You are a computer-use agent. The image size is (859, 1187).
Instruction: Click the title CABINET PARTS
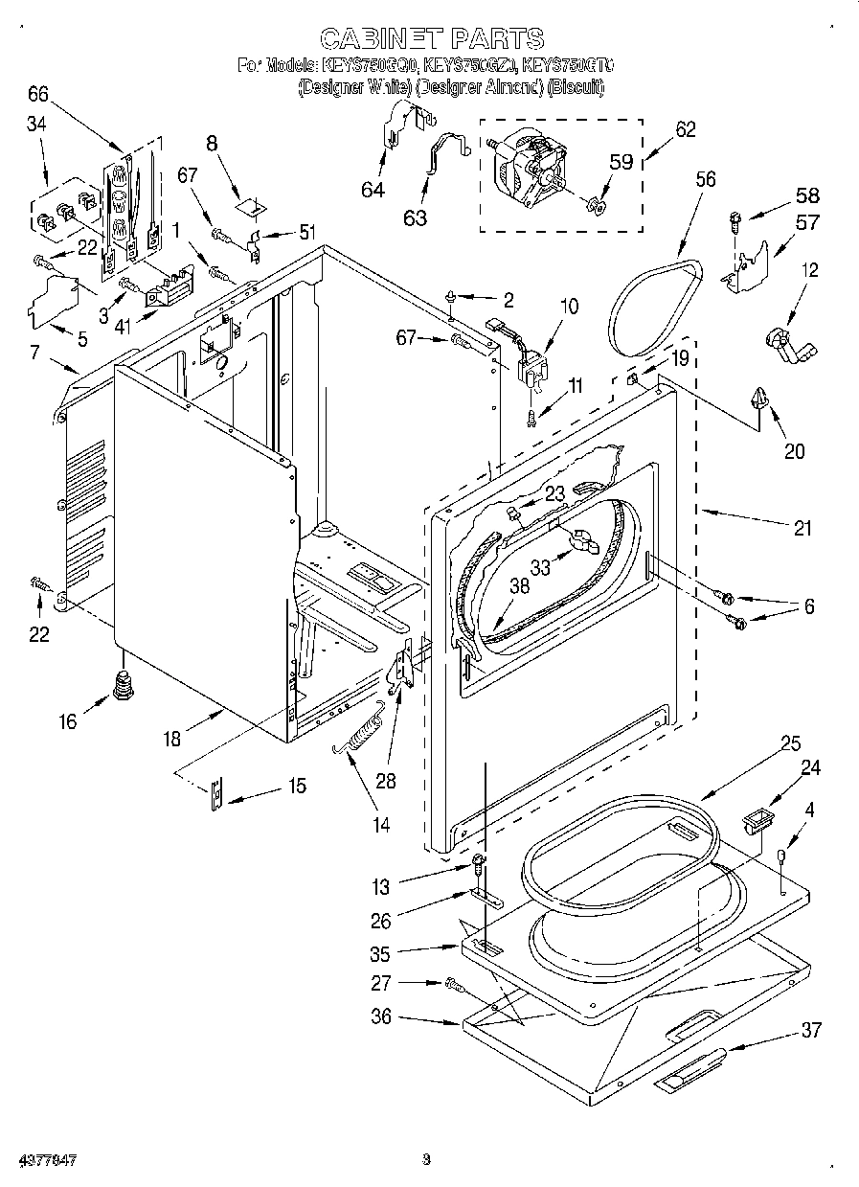coord(431,38)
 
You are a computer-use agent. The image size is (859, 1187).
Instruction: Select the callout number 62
coord(685,130)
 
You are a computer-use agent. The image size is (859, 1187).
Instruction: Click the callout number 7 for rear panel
coord(34,352)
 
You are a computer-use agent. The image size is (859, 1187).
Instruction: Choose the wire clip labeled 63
coord(443,156)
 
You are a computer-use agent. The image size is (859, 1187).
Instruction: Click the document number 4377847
coord(39,1160)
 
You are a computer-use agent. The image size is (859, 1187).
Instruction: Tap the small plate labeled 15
coord(218,791)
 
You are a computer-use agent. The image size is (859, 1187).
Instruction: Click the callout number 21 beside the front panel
coord(802,527)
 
